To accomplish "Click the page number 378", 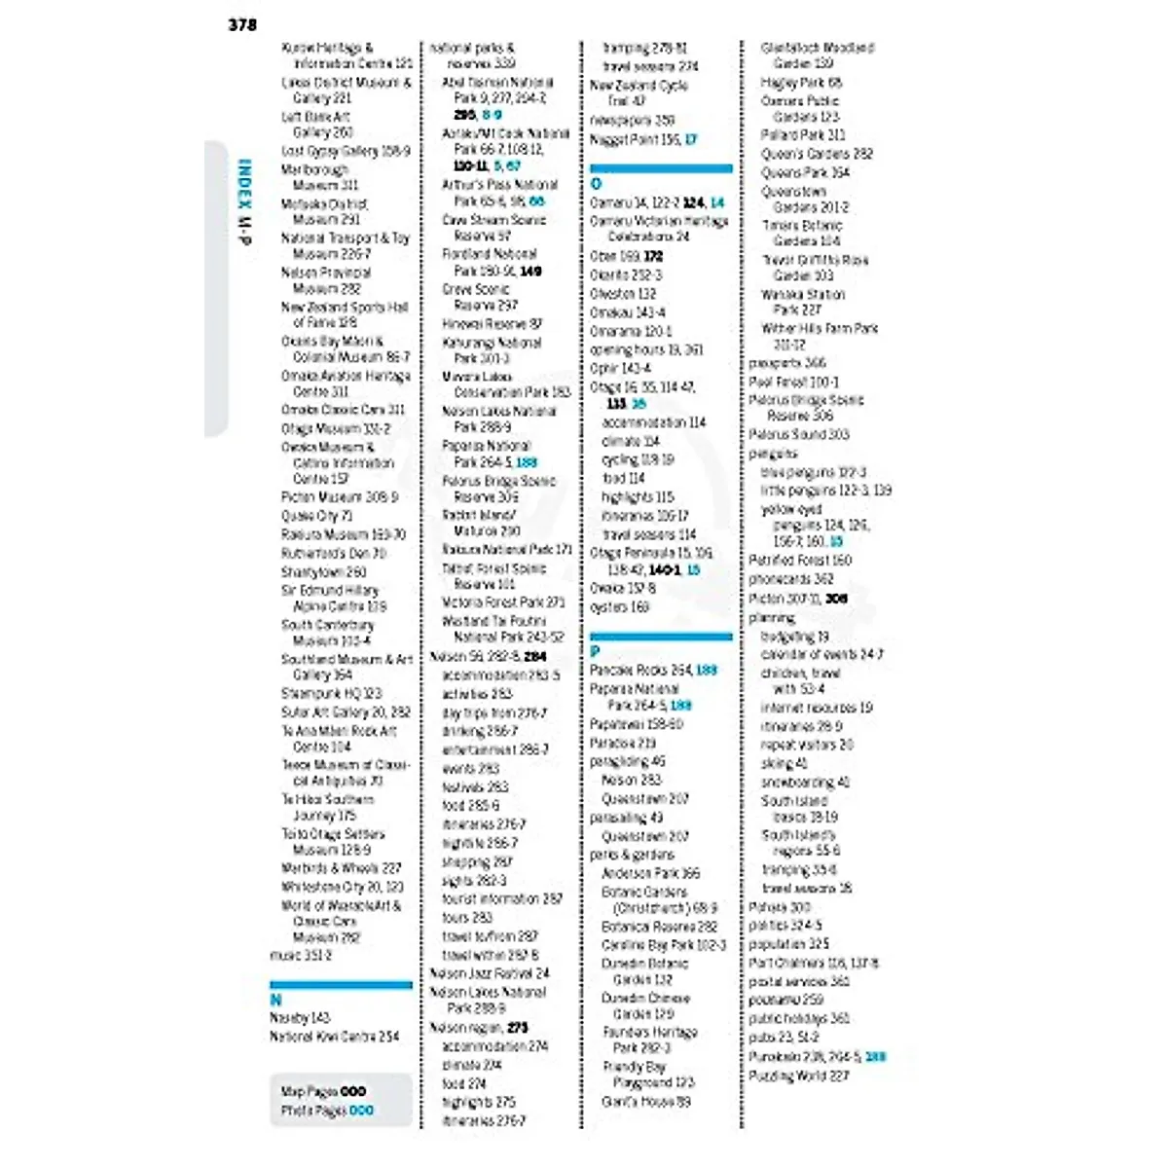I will click(242, 24).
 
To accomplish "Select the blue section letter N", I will click(275, 1000).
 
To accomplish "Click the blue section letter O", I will click(596, 183).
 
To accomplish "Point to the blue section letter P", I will click(596, 651).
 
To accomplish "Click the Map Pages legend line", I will click(323, 1091).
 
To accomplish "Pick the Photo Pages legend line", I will click(326, 1110).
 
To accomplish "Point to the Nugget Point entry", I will click(642, 140).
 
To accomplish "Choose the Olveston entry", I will click(623, 294).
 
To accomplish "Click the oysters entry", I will click(619, 607).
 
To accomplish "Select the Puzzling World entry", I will click(798, 1077).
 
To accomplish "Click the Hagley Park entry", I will click(801, 83).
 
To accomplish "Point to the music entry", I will click(301, 956).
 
